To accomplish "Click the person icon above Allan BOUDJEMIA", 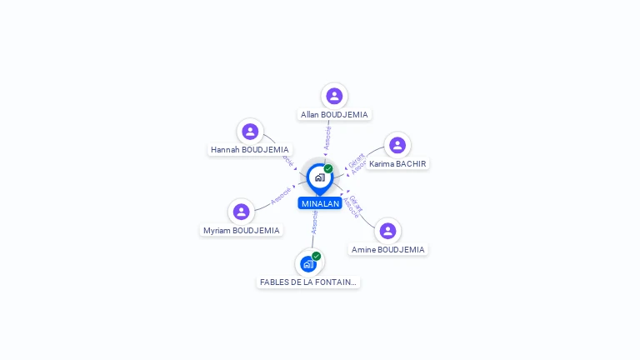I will [334, 96].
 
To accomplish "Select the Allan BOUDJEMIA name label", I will [334, 115].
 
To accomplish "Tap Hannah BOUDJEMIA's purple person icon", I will [250, 132].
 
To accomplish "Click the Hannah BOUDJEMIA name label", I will [250, 150].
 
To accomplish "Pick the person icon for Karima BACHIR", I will [397, 145].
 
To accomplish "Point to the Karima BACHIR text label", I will [398, 164].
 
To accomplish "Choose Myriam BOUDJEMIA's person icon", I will [242, 212].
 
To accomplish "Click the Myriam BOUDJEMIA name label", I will [242, 231].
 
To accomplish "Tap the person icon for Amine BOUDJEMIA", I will [387, 231].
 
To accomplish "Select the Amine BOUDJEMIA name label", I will [388, 250].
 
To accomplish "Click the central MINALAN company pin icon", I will [319, 177].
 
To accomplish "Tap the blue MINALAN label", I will [320, 203].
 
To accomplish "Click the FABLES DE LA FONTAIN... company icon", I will [308, 264].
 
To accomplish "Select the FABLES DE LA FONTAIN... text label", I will [308, 282].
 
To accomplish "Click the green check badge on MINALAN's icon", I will [328, 168].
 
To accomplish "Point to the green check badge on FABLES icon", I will [317, 256].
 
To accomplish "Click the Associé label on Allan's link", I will [327, 137].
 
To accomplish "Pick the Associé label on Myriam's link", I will [281, 196].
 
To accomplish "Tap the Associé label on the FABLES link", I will [314, 222].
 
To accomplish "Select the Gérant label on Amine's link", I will [357, 202].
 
